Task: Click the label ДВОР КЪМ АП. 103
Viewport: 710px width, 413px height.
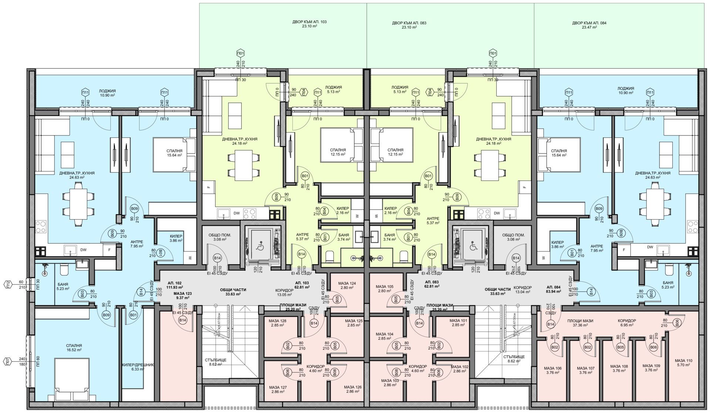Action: click(309, 24)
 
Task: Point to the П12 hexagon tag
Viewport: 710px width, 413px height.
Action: click(7, 284)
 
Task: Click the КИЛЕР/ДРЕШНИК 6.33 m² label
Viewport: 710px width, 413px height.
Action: click(138, 367)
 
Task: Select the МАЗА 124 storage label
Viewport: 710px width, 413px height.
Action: click(347, 285)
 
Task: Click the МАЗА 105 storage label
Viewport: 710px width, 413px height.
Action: click(385, 289)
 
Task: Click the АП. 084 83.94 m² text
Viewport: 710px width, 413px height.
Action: click(557, 289)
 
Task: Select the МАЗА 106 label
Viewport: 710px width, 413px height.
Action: click(553, 370)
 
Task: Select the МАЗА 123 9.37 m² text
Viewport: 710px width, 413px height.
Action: click(183, 295)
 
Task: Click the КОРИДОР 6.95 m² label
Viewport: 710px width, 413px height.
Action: click(627, 323)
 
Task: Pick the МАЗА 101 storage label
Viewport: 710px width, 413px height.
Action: click(459, 322)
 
